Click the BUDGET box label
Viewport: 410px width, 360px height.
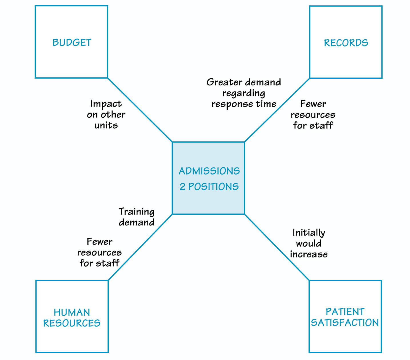72,43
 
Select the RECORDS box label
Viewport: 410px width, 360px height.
346,43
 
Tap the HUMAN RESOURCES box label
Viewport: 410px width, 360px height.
72,317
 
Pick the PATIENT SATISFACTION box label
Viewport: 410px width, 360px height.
345,317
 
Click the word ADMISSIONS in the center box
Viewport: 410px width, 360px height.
209,171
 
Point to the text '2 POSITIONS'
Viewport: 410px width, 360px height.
209,187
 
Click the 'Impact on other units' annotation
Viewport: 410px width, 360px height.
106,114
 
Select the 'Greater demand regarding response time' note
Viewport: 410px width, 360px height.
244,93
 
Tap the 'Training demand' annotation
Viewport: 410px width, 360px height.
137,217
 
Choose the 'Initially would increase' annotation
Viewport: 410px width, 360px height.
309,243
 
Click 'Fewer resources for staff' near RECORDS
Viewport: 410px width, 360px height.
313,115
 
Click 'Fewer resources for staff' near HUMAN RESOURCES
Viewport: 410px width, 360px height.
99,252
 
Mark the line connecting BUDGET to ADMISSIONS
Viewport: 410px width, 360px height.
140,110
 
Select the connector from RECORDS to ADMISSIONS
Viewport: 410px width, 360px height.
277,110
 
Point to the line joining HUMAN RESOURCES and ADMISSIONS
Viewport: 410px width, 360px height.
140,247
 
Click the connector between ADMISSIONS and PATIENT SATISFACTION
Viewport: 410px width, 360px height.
277,247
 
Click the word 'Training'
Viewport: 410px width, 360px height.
137,212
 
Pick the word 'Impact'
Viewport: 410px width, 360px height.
106,104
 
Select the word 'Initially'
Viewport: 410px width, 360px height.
309,233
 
